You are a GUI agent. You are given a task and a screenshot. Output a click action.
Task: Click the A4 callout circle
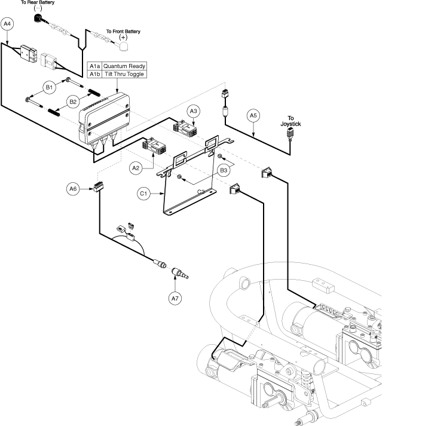[7, 24]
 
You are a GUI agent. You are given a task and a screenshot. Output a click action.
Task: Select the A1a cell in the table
[95, 66]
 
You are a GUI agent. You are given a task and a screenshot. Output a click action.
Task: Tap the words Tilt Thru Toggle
[124, 74]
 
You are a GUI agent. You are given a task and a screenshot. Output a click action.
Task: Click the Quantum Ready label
[124, 66]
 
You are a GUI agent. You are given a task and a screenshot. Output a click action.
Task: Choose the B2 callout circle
[74, 102]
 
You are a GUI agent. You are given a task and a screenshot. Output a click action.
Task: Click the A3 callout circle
[193, 111]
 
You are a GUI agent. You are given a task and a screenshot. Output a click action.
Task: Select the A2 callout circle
[136, 169]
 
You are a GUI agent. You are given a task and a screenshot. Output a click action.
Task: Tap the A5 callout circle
[253, 115]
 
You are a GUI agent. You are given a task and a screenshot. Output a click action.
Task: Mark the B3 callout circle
[224, 170]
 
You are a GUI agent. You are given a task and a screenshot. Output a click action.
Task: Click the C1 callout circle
[143, 194]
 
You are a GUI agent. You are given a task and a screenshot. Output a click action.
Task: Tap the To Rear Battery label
[38, 3]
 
